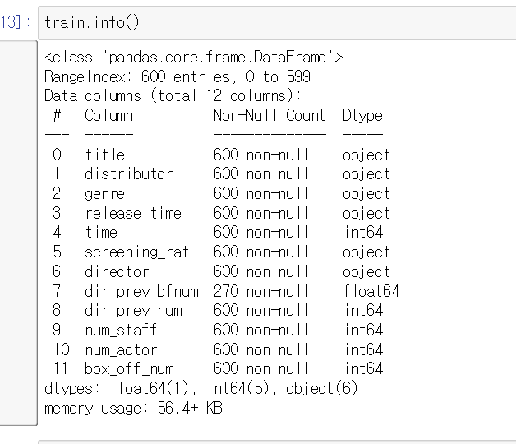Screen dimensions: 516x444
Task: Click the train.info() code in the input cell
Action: (x=92, y=22)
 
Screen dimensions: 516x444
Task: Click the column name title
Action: (x=104, y=155)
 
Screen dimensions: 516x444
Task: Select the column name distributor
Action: (x=128, y=173)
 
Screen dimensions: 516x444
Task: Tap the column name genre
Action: (x=104, y=193)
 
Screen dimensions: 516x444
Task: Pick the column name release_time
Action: (x=132, y=213)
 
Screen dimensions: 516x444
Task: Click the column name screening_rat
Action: (x=136, y=252)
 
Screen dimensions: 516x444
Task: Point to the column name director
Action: (x=117, y=271)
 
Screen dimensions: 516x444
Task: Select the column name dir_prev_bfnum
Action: (x=141, y=291)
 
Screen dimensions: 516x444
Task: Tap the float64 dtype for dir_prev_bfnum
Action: (x=371, y=291)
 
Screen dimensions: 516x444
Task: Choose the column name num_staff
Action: (x=120, y=330)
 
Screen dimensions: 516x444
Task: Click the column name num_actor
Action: (x=120, y=349)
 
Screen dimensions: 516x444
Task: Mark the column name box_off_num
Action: (x=128, y=368)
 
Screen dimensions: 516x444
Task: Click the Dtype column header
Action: (x=362, y=115)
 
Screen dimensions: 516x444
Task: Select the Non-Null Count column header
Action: (x=270, y=115)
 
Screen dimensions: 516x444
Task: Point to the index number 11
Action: (x=60, y=368)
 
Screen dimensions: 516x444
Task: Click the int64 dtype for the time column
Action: (x=363, y=233)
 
